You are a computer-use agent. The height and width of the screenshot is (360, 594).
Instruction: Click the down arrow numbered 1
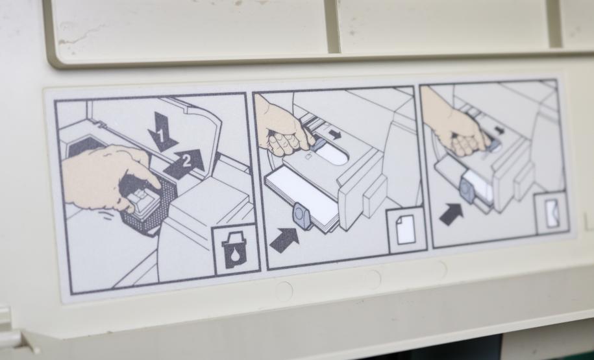coord(162,132)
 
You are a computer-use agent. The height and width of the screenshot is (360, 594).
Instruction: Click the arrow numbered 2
coord(184,163)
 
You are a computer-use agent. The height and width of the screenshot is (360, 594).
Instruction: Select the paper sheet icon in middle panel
coord(405,230)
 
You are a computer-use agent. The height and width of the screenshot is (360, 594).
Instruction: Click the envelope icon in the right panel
coord(552,213)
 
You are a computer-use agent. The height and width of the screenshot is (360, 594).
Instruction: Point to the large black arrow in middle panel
coord(284,240)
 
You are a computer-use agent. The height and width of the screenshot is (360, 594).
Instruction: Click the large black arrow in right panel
coord(451,214)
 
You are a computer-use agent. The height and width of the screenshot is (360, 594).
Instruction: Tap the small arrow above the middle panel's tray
coord(334,134)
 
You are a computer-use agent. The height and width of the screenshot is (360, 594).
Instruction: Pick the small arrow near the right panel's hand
coord(500,130)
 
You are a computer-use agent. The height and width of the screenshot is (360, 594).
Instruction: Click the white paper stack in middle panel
coord(301,197)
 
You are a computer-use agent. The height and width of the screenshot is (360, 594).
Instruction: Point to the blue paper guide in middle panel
coord(303,216)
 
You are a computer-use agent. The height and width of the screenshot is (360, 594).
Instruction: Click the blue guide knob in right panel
coord(468,191)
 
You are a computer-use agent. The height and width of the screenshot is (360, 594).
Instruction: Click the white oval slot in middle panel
coord(330,154)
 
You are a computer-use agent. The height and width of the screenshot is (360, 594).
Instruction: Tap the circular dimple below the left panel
coord(284,291)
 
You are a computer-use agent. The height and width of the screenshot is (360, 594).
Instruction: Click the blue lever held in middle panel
coord(319,143)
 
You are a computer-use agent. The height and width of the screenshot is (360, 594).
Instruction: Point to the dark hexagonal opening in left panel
coord(84,147)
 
